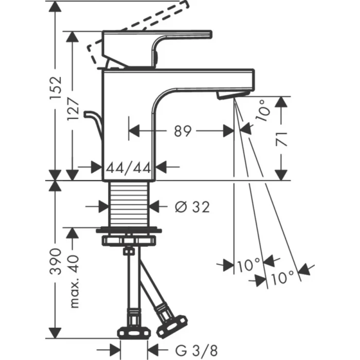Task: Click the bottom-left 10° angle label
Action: [x=248, y=266]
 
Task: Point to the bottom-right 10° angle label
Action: [x=281, y=278]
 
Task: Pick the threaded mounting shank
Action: [x=129, y=203]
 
